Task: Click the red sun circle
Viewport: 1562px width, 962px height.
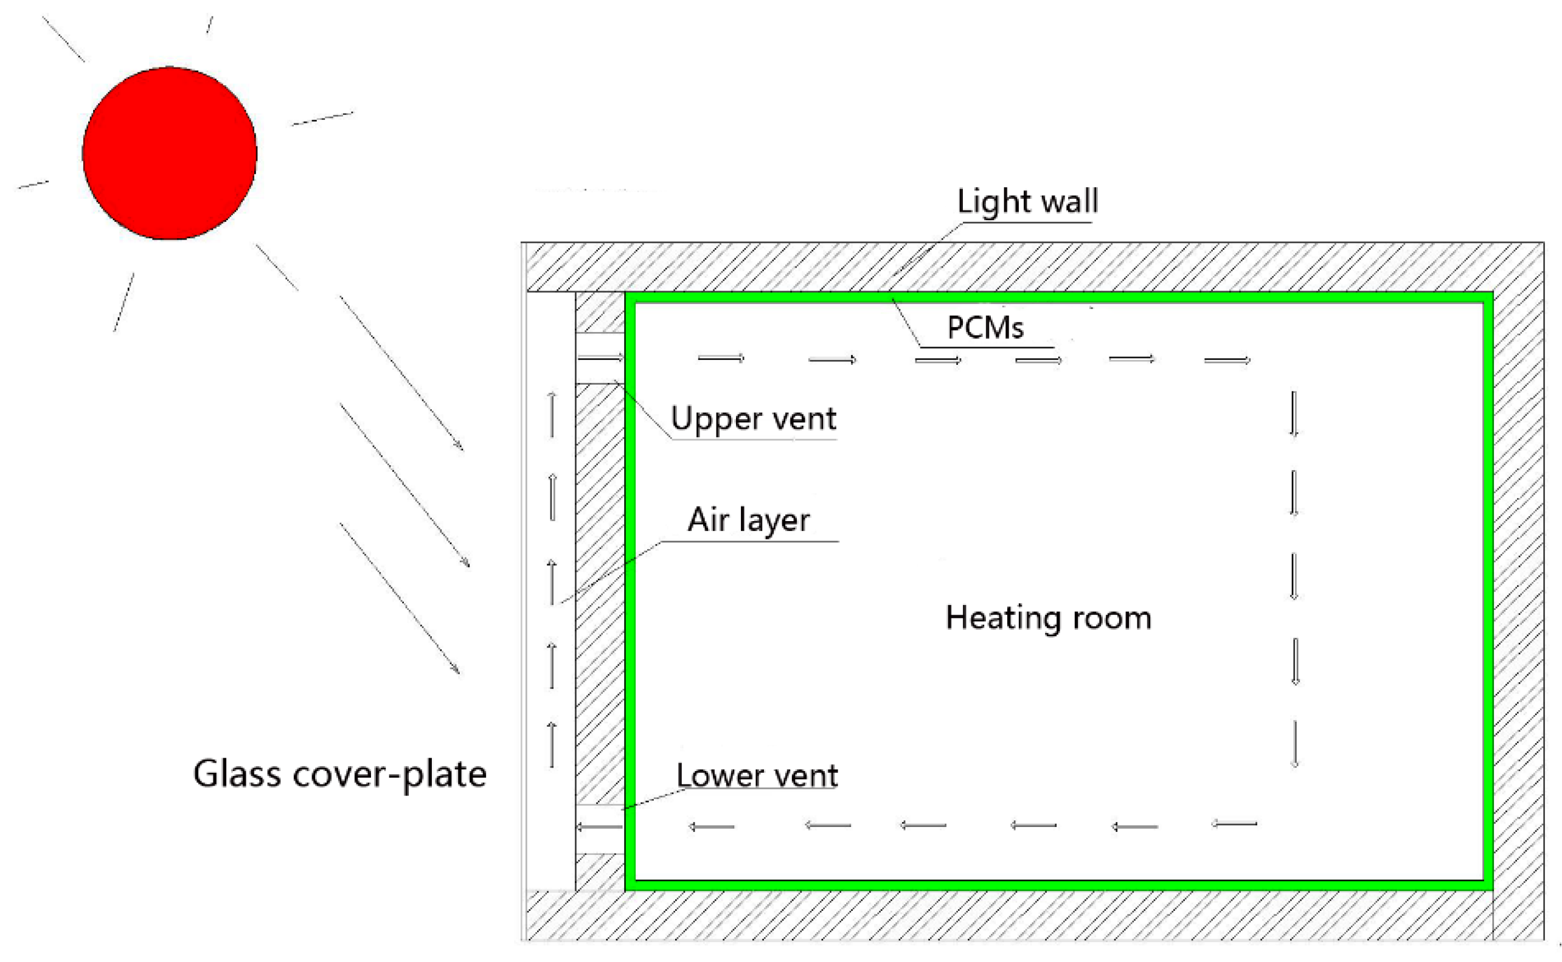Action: pos(169,153)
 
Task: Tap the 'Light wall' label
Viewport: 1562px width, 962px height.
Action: pos(1027,202)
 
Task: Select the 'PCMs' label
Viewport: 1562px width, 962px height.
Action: pos(985,328)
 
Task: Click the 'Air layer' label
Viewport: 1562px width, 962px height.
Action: pos(748,521)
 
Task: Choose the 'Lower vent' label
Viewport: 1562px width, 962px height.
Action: pos(757,775)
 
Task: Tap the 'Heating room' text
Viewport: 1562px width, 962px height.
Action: pos(1048,618)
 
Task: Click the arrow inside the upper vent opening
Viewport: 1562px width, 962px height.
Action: pos(600,359)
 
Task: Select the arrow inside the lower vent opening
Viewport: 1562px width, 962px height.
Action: pos(599,827)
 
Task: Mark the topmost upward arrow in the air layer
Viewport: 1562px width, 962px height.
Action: pos(552,414)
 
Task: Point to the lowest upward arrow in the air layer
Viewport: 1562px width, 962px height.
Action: pos(552,744)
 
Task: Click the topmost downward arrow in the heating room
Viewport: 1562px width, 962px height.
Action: pos(1294,414)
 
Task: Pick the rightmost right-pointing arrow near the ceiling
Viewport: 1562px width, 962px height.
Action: pos(1227,361)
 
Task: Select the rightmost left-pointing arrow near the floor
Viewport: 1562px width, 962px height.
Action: pos(1234,824)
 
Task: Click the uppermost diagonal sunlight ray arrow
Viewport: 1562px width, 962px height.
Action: pos(401,373)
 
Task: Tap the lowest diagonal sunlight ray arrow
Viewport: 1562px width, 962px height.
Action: pos(400,599)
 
